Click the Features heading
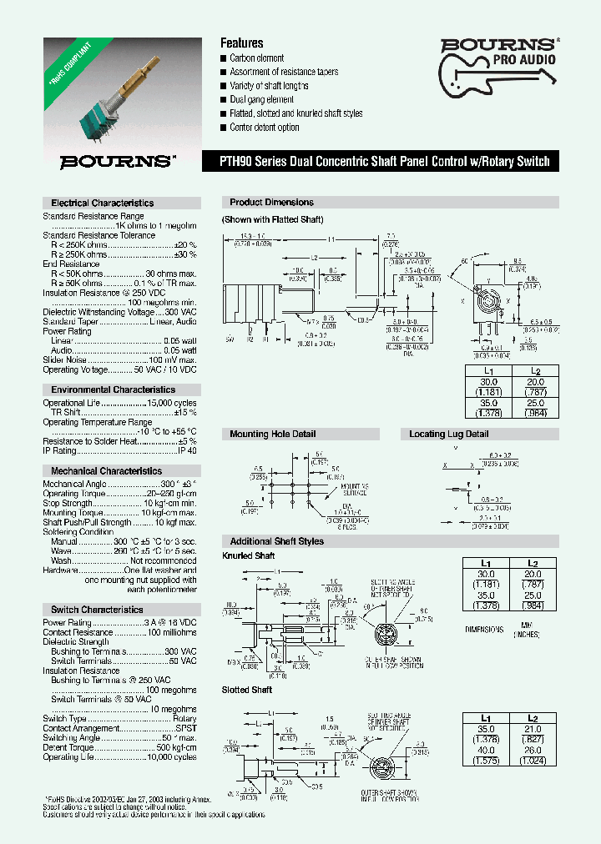tap(241, 43)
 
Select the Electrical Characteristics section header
tap(103, 203)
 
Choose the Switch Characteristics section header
tap(97, 610)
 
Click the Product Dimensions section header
tap(272, 203)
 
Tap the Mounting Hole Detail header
tap(273, 435)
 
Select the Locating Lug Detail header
tap(449, 435)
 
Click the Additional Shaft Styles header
tap(276, 541)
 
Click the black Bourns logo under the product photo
tap(117, 162)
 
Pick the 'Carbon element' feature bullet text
tap(257, 58)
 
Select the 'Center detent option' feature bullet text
tap(265, 128)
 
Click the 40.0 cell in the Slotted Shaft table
tap(487, 750)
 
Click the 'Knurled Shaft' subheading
tap(248, 555)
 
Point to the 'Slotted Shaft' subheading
tap(247, 690)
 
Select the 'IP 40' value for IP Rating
tap(187, 450)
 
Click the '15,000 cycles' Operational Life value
tap(171, 403)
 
